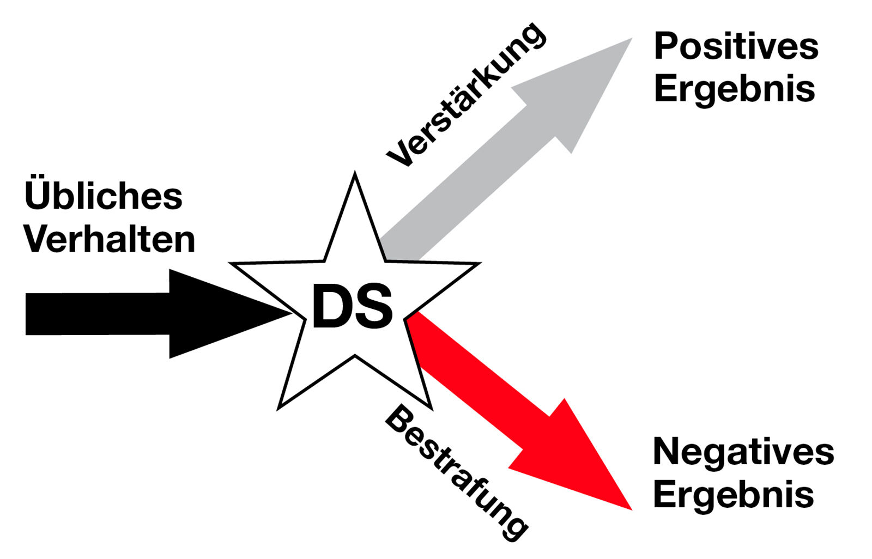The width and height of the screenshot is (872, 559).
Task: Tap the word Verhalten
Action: click(110, 239)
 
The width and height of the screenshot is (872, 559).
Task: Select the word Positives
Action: click(736, 46)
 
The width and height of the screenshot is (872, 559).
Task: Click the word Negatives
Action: click(743, 452)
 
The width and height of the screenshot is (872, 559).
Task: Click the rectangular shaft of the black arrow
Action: click(98, 314)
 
